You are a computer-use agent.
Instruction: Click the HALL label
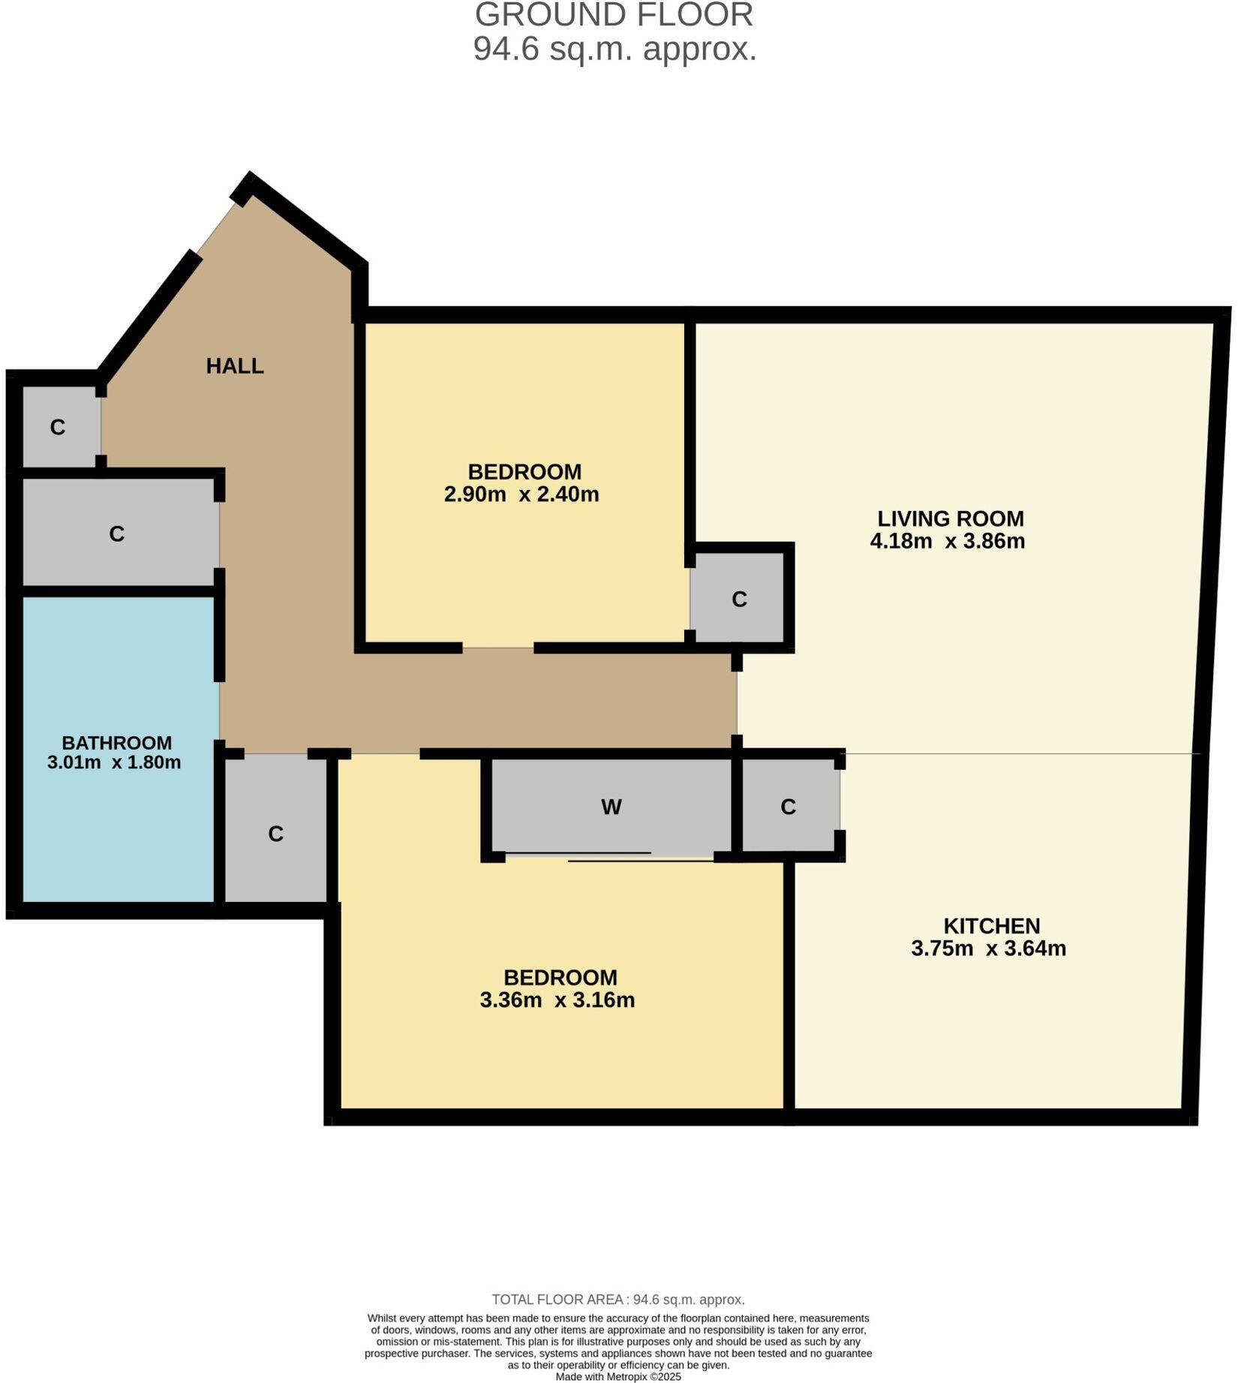[x=235, y=366]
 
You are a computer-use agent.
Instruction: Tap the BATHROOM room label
[x=117, y=743]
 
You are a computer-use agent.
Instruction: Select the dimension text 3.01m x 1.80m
[x=114, y=762]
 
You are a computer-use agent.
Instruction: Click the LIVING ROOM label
[x=950, y=519]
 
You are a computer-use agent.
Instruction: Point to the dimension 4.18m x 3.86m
[x=947, y=541]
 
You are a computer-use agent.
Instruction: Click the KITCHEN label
[x=991, y=926]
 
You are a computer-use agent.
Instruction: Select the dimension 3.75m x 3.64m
[x=988, y=949]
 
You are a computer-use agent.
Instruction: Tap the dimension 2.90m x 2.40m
[x=521, y=495]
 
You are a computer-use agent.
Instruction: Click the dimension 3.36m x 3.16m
[x=557, y=1000]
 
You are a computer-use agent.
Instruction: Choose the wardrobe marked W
[x=611, y=807]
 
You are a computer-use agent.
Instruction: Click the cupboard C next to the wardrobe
[x=788, y=807]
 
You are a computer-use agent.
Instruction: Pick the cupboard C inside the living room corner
[x=739, y=599]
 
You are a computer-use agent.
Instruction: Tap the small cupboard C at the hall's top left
[x=58, y=427]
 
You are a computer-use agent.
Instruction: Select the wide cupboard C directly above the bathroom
[x=116, y=534]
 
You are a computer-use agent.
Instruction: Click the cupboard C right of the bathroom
[x=275, y=834]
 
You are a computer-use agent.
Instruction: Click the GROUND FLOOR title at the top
[x=614, y=15]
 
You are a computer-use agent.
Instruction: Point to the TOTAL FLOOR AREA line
[x=618, y=1300]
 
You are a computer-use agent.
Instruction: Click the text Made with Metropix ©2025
[x=618, y=1376]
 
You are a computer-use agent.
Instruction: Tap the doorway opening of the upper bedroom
[x=497, y=648]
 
